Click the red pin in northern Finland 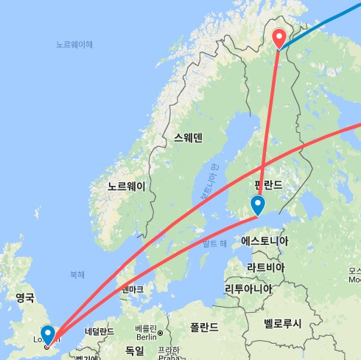280,38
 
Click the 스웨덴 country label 188,137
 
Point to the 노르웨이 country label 126,186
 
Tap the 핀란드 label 268,184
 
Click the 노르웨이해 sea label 75,44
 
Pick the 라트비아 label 266,266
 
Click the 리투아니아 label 253,288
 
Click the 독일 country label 134,350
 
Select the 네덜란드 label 99,331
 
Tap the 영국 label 25,297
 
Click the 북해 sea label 77,274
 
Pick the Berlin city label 147,336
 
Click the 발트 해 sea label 214,244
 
